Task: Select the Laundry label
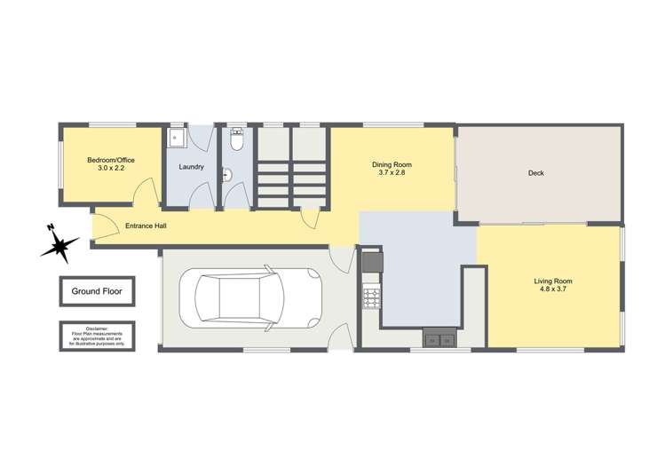(192, 167)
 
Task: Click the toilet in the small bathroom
(237, 140)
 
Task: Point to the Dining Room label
(392, 164)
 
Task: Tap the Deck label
(535, 173)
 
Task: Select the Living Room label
(551, 281)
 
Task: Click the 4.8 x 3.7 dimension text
(551, 290)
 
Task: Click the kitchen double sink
(440, 338)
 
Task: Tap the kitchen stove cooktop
(371, 298)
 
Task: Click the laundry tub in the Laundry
(177, 139)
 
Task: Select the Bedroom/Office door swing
(146, 194)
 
